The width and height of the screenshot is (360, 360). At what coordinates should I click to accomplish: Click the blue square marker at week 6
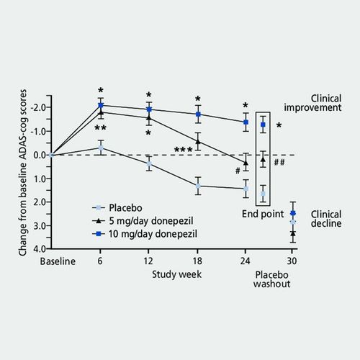[x=101, y=106]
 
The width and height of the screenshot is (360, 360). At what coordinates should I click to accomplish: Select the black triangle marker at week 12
[x=149, y=117]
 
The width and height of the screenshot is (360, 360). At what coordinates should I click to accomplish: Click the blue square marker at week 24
[x=246, y=122]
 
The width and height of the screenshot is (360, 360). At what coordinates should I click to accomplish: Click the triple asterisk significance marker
[x=183, y=150]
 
